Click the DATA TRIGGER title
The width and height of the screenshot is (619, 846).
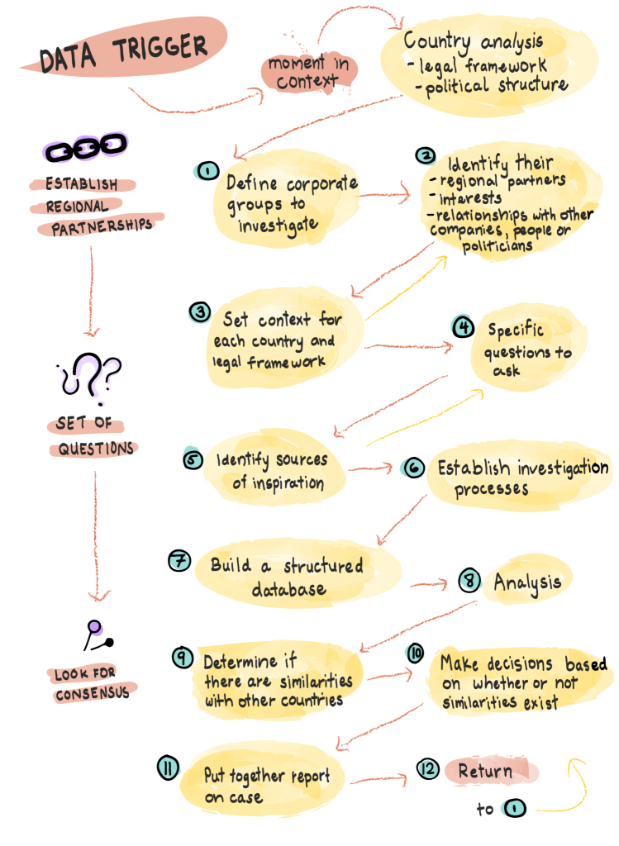point(123,52)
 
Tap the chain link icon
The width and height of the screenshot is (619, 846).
point(84,149)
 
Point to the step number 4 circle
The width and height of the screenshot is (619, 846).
point(463,327)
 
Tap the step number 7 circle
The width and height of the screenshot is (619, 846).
point(179,560)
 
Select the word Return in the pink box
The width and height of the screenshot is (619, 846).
point(485,772)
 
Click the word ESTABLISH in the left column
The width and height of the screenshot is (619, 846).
point(81,184)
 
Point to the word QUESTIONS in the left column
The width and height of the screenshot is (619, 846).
point(95,449)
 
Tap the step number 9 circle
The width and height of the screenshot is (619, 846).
point(183,657)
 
